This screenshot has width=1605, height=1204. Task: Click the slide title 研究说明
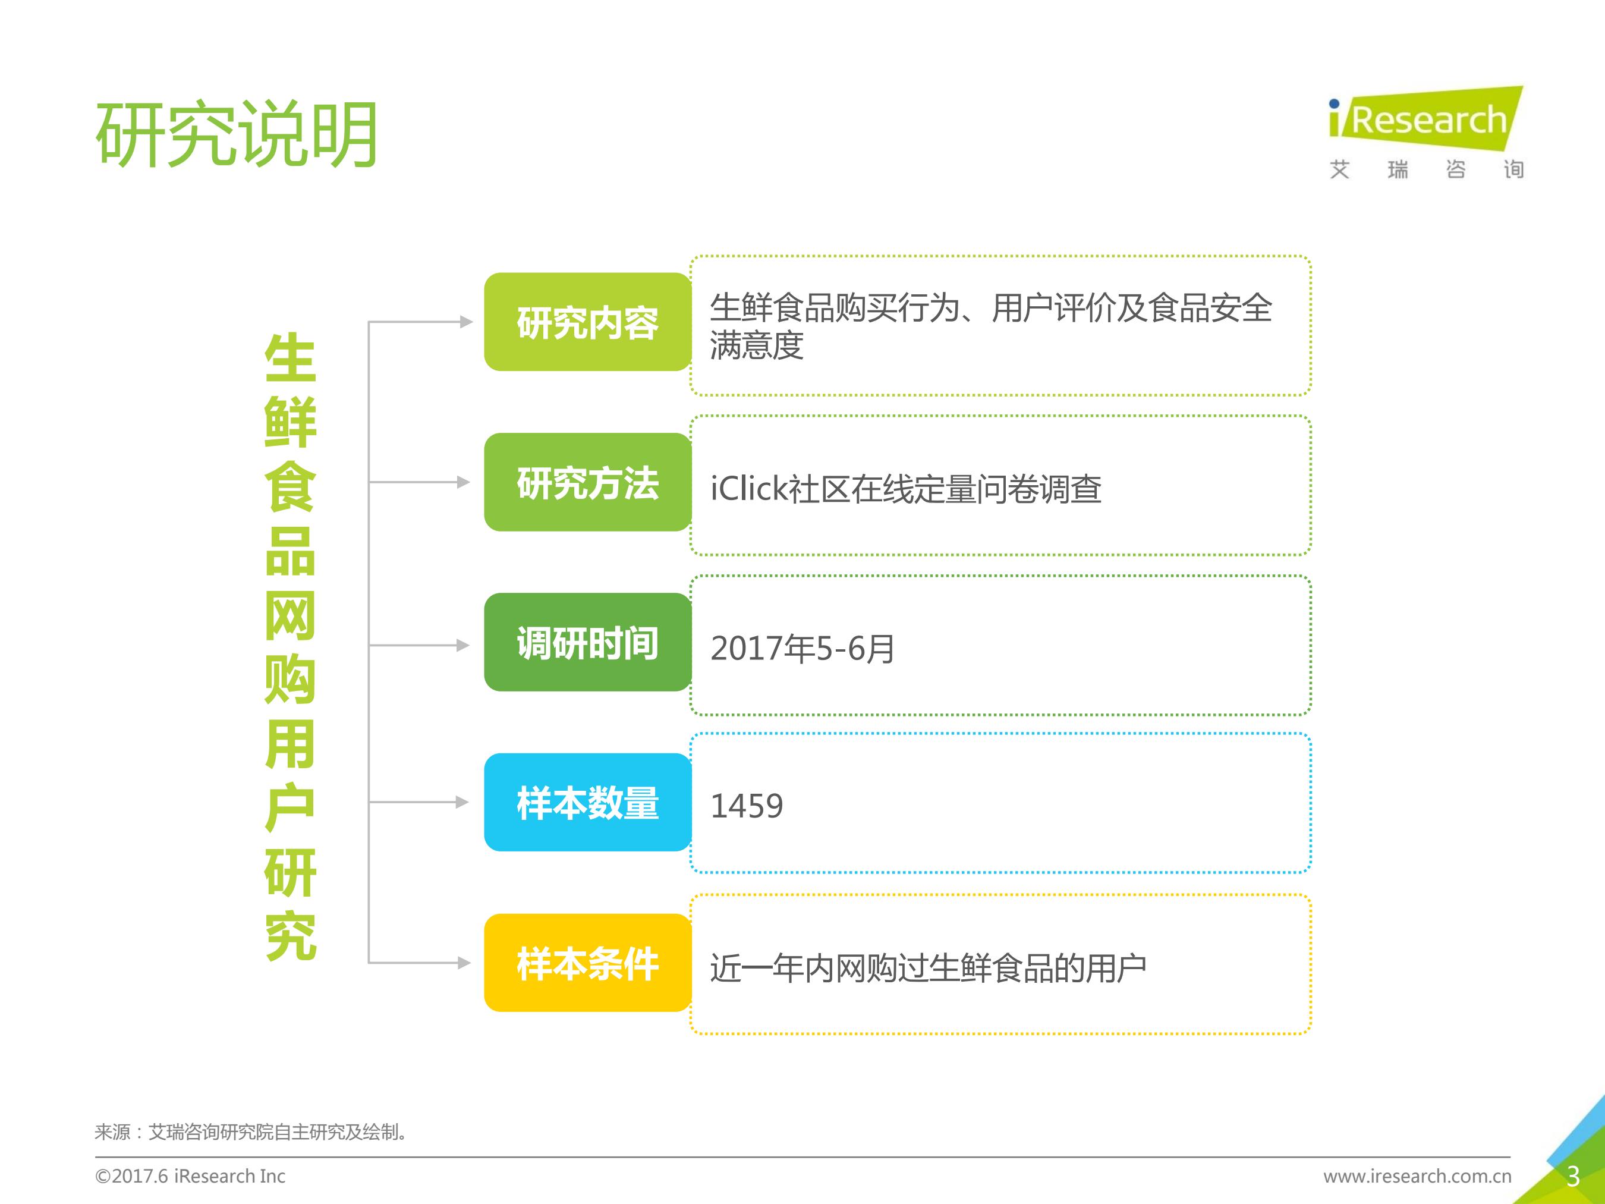click(237, 134)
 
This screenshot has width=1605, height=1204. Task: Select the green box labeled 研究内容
click(588, 322)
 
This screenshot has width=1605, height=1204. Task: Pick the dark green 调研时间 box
click(588, 642)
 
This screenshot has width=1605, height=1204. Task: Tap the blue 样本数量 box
click(588, 803)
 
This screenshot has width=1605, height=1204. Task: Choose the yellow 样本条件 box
click(588, 963)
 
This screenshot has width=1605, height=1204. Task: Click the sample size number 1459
click(747, 806)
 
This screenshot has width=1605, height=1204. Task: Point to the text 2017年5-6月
click(802, 648)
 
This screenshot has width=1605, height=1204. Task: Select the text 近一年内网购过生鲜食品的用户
click(928, 968)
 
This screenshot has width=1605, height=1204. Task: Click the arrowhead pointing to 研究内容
click(467, 322)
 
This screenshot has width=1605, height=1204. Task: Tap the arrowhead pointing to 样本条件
click(464, 963)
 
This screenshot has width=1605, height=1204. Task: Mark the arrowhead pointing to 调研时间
click(464, 645)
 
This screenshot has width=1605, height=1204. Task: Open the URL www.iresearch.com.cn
click(1417, 1177)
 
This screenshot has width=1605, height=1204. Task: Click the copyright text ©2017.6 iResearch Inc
click(190, 1177)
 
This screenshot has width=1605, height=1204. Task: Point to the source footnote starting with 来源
click(251, 1132)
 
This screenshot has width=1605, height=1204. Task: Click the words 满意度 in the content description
click(757, 345)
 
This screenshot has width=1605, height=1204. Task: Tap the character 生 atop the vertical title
click(290, 358)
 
